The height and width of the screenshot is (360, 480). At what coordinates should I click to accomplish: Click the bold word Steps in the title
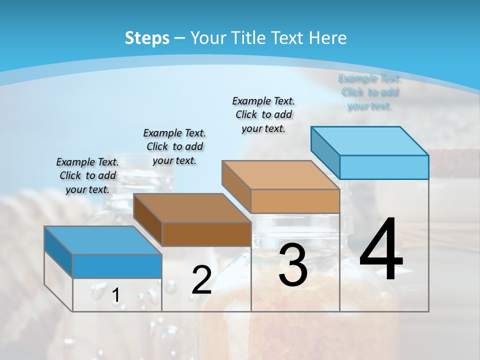pos(147,38)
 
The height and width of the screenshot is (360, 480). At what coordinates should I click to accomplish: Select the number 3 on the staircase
pos(293,265)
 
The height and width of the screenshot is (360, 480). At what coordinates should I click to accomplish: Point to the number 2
pos(201,280)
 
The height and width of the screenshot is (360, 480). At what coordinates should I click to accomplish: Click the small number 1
pos(115,295)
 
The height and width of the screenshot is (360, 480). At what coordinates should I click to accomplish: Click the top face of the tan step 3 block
pos(280,175)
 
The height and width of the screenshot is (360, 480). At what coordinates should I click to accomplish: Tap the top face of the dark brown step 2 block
pos(192,208)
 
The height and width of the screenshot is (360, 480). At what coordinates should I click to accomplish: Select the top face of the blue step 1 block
pos(103,240)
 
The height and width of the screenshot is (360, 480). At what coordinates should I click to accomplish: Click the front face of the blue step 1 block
pos(117,266)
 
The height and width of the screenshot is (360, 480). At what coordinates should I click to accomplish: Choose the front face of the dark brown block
pos(206,234)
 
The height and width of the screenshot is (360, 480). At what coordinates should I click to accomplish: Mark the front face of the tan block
pos(295,201)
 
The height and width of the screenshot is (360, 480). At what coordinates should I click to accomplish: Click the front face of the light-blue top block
pos(384,167)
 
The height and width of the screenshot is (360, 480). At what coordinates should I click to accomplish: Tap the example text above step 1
pos(87,175)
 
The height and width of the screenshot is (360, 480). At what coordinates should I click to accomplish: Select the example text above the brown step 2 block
pos(174,146)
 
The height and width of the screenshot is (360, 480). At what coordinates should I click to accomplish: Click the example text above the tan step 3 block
pos(263,114)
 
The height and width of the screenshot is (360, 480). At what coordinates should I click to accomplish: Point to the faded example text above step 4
pos(369,92)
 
